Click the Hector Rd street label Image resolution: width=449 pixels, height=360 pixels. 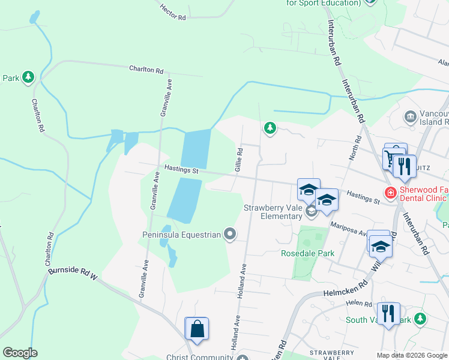click(x=173, y=12)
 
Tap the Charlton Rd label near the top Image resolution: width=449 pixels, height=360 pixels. click(x=146, y=70)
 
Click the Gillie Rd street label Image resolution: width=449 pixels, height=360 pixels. click(x=238, y=158)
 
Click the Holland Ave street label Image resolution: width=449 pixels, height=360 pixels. click(x=244, y=273)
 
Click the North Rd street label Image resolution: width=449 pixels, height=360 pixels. click(x=355, y=148)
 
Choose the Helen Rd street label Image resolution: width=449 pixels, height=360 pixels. click(x=358, y=304)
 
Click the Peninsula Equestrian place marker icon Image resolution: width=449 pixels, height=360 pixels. click(x=230, y=234)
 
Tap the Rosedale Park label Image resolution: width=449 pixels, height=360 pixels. click(x=307, y=253)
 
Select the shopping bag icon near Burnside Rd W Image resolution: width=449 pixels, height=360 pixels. click(x=197, y=329)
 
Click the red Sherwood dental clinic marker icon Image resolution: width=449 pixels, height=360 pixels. click(x=390, y=193)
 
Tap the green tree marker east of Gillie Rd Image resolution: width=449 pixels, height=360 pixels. click(x=270, y=127)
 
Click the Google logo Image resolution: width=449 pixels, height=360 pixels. click(x=20, y=353)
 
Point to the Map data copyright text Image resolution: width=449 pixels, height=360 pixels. click(x=411, y=355)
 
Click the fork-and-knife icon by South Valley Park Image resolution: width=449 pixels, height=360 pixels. click(x=389, y=313)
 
